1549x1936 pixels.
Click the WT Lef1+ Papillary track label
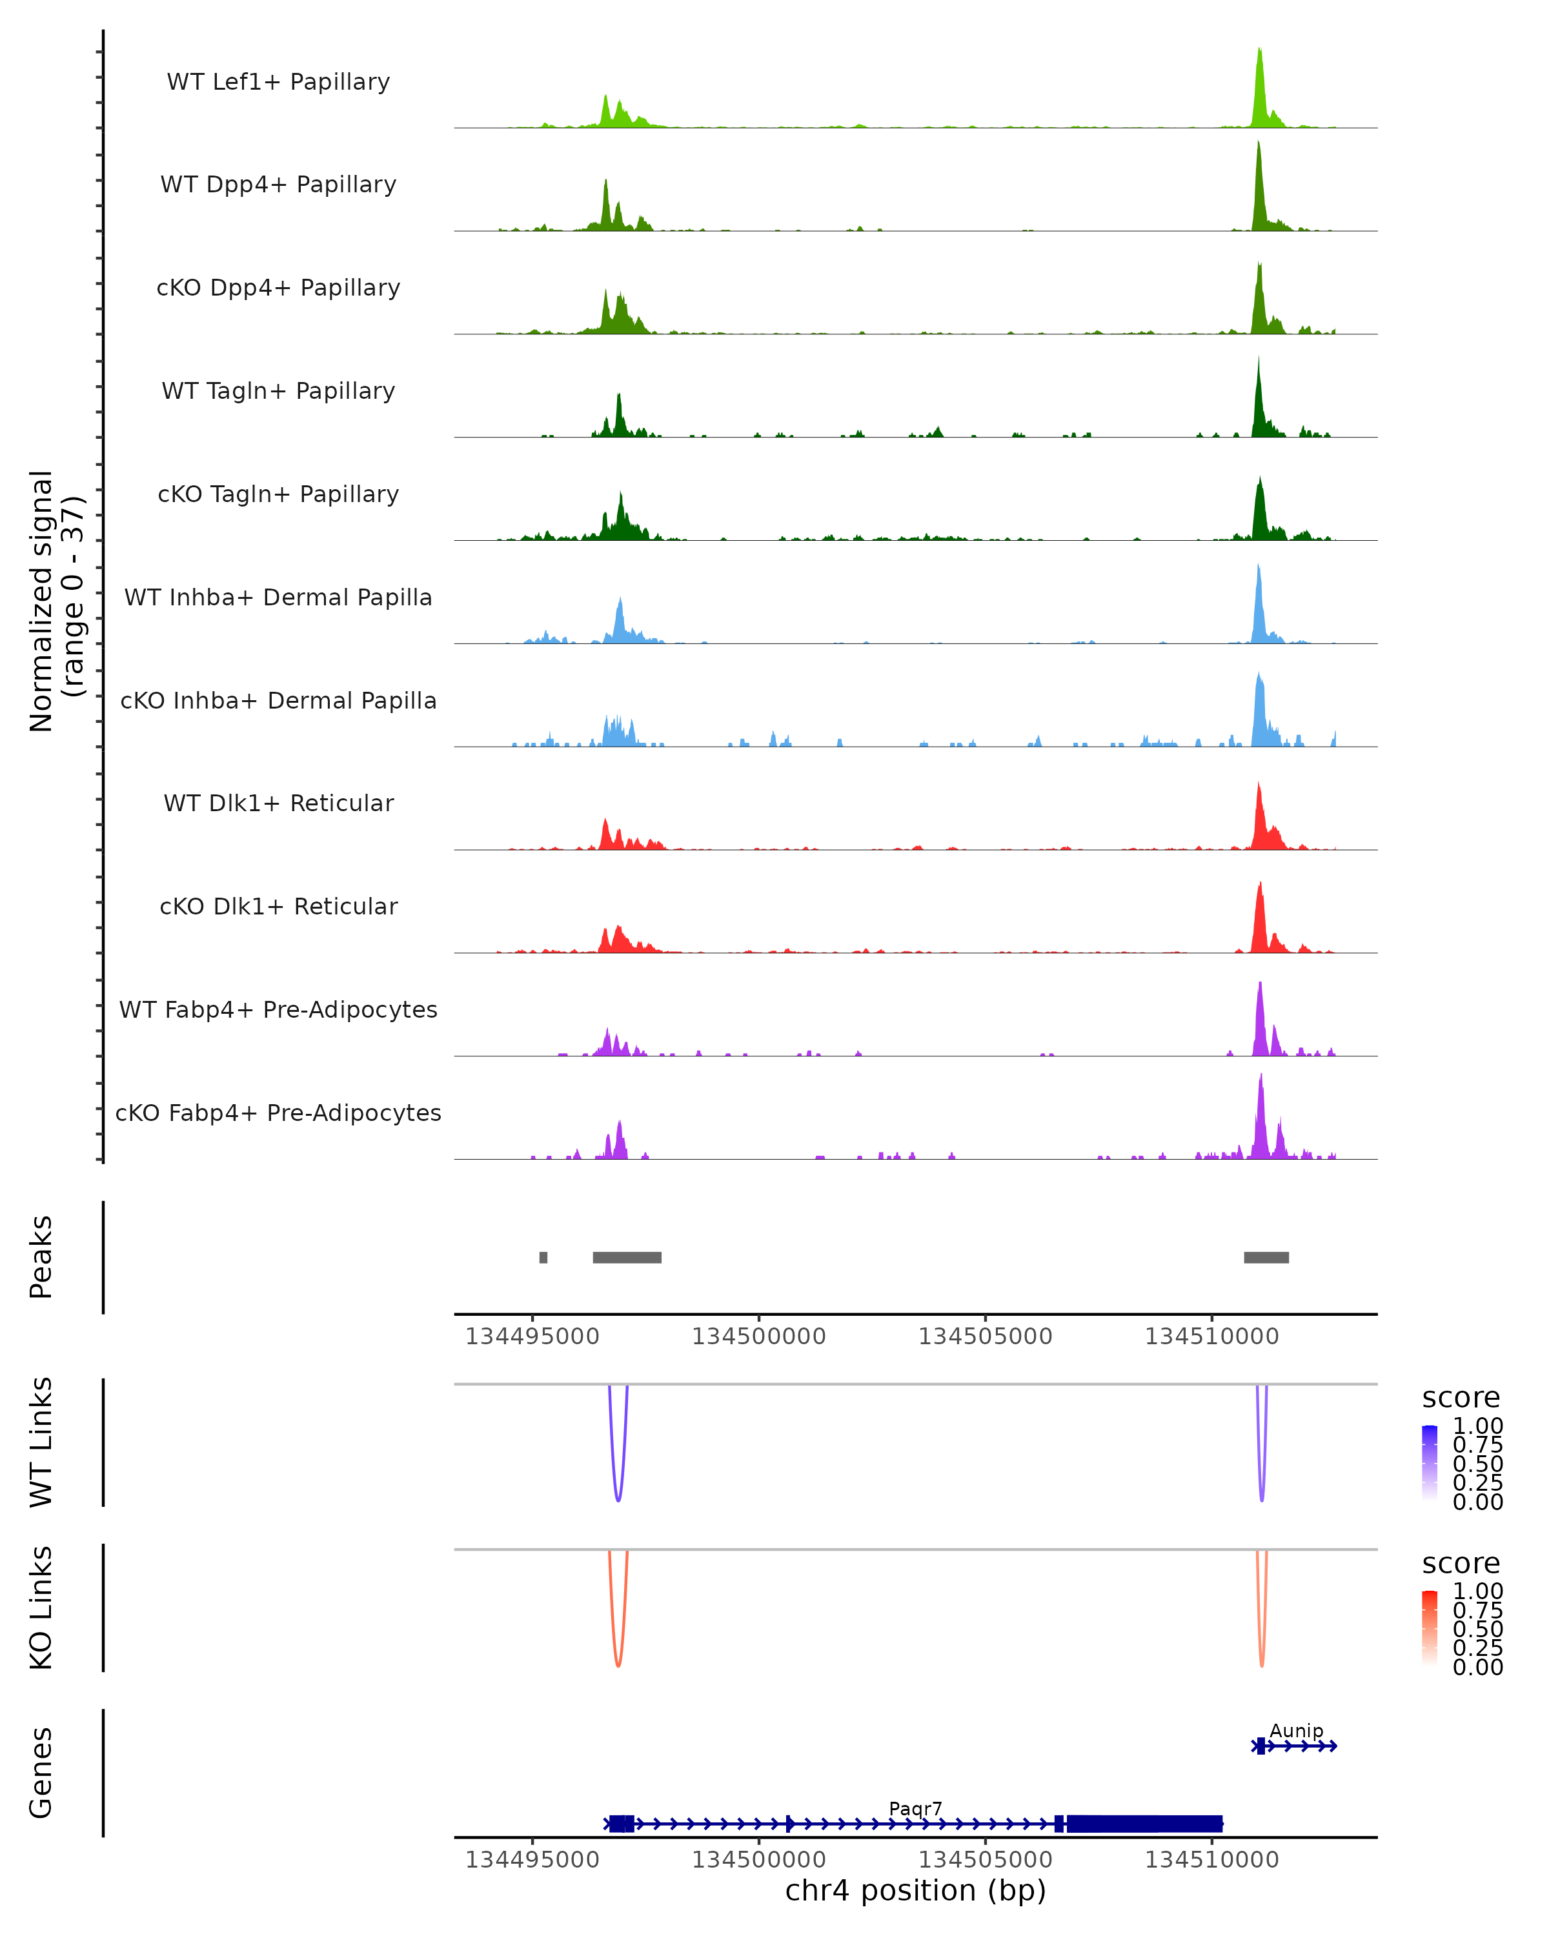point(278,82)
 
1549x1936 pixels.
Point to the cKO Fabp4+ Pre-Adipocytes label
point(278,1113)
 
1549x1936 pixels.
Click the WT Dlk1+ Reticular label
point(278,803)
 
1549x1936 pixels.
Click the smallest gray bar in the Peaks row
point(543,1257)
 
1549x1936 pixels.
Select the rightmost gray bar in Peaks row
point(1266,1257)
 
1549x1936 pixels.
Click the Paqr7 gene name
point(915,1808)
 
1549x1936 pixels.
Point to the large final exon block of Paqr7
point(1144,1823)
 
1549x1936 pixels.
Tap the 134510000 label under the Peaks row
point(1211,1336)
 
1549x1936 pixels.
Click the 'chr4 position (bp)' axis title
point(915,1891)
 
